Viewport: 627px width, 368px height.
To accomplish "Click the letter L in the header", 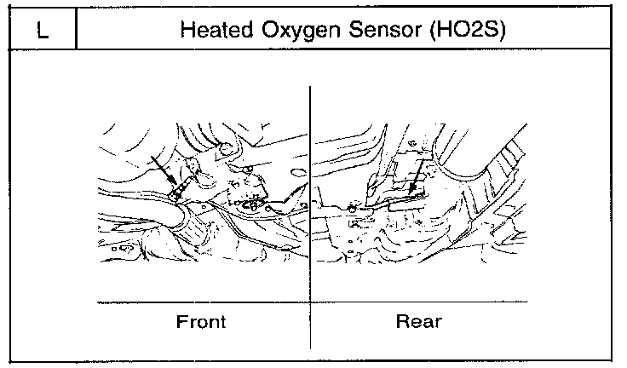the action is tap(42, 32).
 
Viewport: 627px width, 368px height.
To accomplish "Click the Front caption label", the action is tap(200, 322).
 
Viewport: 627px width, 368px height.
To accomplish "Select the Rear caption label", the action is tap(417, 322).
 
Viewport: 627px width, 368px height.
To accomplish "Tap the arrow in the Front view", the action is tap(162, 170).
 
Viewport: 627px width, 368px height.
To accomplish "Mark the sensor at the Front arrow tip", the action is tap(177, 189).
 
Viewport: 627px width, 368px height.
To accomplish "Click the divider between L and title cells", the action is tap(78, 32).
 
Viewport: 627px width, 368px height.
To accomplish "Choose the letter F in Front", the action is tap(181, 322).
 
